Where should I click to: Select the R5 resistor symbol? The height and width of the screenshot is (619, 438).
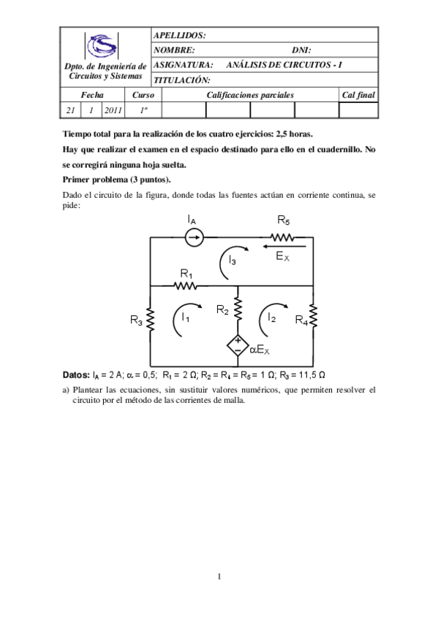click(x=283, y=237)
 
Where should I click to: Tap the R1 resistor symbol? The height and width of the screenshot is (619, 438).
click(x=187, y=285)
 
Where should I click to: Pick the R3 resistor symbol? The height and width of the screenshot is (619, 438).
click(x=150, y=320)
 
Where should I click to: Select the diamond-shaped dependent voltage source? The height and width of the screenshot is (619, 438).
click(x=238, y=345)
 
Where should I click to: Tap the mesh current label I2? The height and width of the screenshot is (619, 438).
click(x=271, y=318)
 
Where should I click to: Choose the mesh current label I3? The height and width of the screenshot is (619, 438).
click(x=231, y=259)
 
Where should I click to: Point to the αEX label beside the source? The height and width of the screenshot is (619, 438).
click(x=260, y=350)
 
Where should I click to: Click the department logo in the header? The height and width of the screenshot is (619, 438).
click(x=101, y=47)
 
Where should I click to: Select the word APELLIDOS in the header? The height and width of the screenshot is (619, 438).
click(x=180, y=35)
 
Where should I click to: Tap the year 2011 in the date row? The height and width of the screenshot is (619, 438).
click(x=113, y=110)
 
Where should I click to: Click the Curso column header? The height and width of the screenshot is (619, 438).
click(x=143, y=95)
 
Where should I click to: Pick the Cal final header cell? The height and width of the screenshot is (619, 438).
click(x=358, y=95)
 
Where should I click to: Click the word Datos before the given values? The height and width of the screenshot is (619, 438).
click(x=76, y=374)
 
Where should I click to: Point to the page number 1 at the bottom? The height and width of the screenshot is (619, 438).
click(x=219, y=577)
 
